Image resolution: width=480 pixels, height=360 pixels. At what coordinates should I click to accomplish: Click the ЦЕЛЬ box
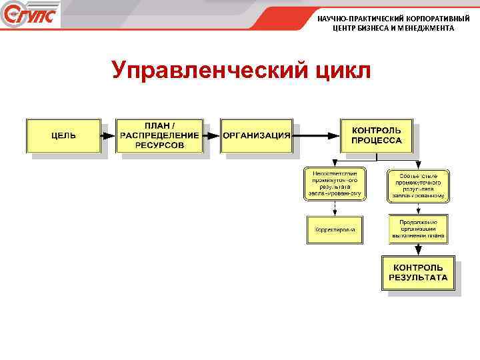click(63, 135)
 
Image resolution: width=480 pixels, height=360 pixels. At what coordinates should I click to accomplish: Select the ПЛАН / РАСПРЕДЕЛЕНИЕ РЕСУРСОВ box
click(159, 135)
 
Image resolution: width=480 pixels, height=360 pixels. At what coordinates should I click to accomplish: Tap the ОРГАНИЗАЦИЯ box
click(257, 135)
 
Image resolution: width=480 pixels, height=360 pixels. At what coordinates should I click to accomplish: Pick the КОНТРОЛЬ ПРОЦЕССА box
click(377, 135)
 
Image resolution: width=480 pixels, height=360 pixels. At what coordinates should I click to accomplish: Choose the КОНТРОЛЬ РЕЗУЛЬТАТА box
click(418, 272)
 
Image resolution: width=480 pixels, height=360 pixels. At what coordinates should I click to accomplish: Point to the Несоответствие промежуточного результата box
click(335, 184)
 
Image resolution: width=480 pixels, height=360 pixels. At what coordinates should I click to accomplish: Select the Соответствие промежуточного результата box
click(418, 185)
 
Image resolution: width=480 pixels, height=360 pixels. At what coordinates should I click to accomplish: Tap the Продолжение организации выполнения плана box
click(418, 229)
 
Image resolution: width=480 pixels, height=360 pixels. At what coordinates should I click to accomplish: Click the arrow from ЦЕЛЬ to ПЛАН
click(108, 135)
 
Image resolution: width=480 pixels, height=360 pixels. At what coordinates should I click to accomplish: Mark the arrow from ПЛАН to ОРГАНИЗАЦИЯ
click(212, 135)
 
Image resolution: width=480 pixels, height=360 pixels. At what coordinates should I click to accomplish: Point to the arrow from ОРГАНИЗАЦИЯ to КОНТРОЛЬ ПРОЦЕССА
click(317, 135)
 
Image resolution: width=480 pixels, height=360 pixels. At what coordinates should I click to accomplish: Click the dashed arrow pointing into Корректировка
click(335, 208)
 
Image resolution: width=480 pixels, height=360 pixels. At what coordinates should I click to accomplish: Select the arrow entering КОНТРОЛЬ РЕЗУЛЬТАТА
click(418, 249)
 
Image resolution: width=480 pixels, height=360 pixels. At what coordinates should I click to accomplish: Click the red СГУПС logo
click(30, 15)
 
